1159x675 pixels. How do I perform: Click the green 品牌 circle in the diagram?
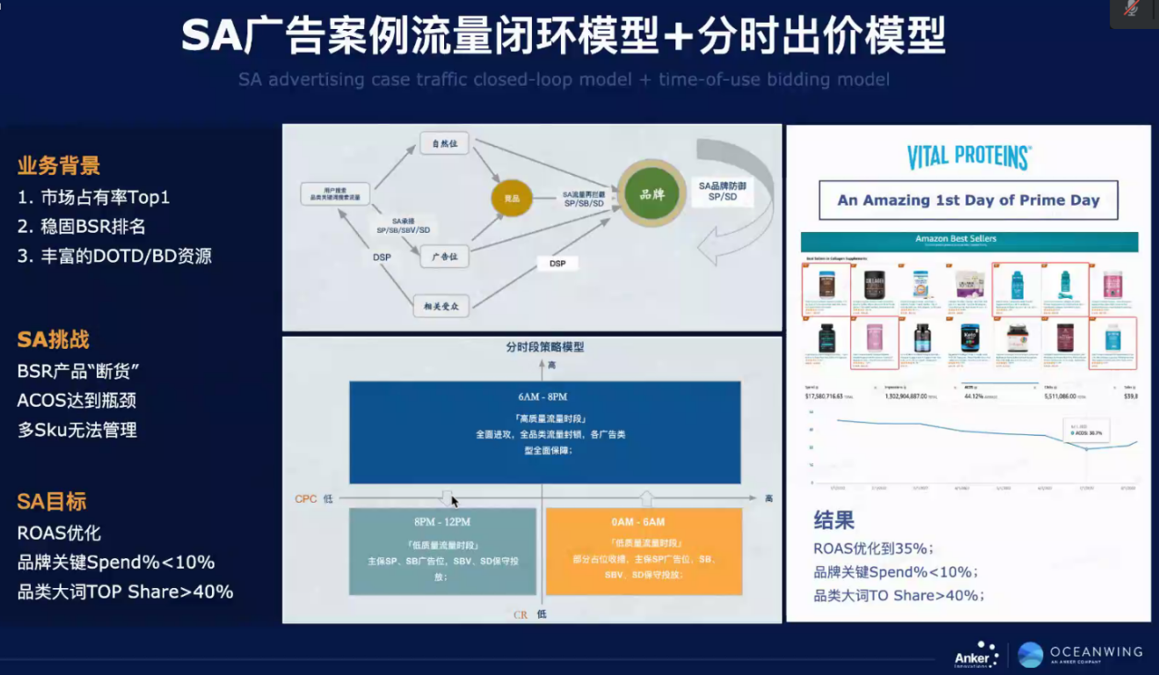652,194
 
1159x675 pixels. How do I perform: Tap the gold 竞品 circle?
512,198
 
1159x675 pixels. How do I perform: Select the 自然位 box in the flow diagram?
445,143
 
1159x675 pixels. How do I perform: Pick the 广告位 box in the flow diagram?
445,257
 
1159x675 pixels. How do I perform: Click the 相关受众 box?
442,306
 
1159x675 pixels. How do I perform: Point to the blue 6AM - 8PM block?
544,432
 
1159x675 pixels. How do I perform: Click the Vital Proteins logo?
968,157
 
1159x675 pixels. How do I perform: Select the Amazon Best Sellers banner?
968,239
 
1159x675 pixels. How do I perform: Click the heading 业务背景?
59,165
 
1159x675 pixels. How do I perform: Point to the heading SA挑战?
54,340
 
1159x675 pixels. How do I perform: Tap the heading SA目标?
53,502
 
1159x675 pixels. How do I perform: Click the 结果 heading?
834,519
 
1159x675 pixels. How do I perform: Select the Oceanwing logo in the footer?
1081,653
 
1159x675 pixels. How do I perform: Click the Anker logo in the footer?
976,655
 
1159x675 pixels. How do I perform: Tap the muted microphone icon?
1132,9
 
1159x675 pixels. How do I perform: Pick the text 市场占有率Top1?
93,197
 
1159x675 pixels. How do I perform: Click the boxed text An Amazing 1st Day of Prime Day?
968,200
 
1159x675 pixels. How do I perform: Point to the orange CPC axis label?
306,498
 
